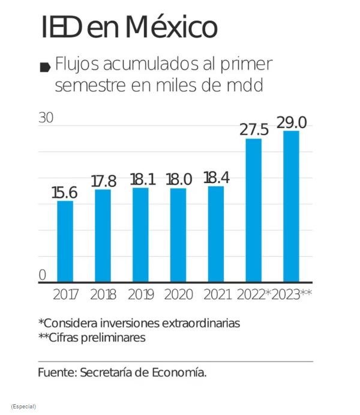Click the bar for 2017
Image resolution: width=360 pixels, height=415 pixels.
(65, 241)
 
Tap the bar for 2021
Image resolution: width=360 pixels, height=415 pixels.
(215, 234)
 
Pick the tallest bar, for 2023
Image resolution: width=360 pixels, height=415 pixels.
(291, 206)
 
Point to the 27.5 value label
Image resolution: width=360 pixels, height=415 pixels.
(254, 130)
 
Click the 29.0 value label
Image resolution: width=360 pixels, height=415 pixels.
(292, 122)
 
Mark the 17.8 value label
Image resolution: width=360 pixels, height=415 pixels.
(103, 181)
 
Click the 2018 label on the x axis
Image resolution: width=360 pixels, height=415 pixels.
(103, 294)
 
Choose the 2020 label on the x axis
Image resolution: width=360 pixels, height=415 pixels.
(178, 294)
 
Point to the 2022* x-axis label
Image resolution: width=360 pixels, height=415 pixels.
(254, 294)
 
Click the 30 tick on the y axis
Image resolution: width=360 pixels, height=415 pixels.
(46, 118)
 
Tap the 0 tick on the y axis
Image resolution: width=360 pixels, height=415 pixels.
(42, 275)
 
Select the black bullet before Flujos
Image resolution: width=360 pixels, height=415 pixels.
(44, 67)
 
